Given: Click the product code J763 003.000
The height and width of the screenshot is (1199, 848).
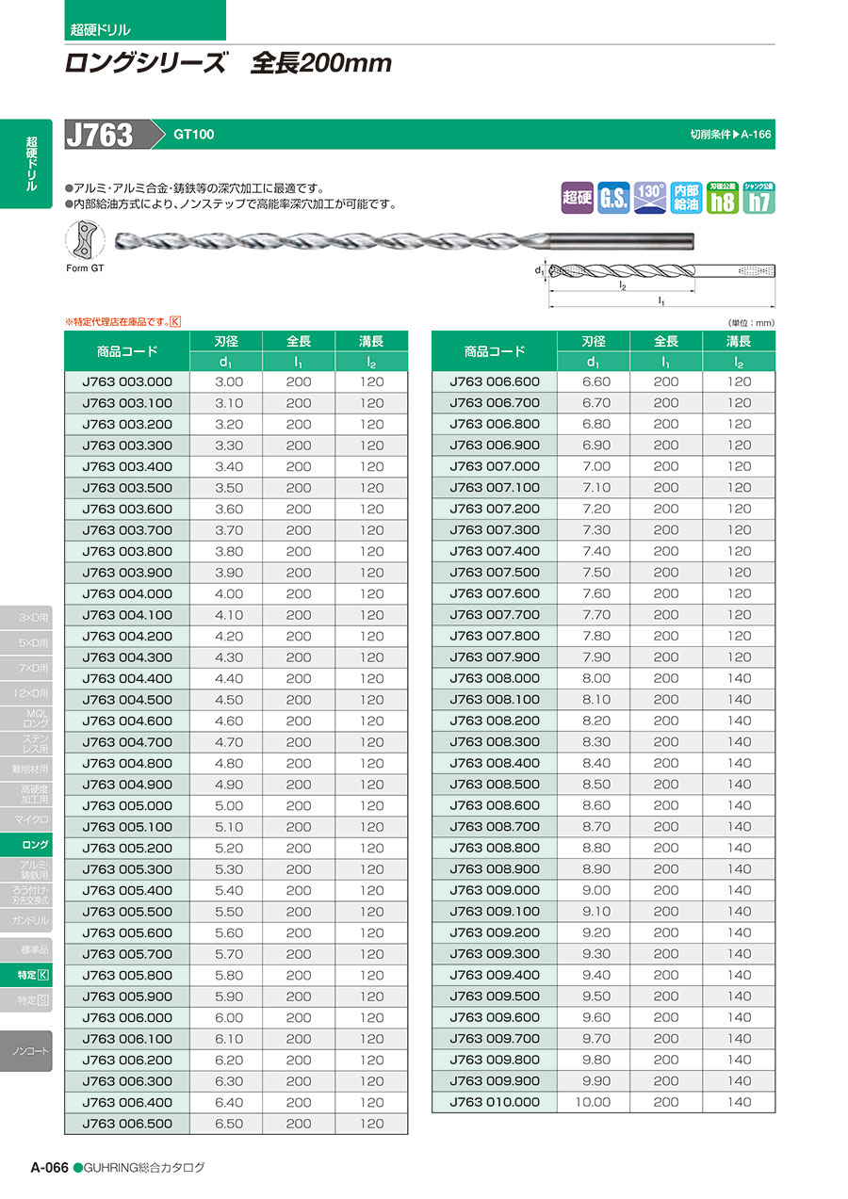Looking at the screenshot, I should [127, 382].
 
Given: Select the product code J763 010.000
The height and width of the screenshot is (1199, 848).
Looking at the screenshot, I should [495, 1102].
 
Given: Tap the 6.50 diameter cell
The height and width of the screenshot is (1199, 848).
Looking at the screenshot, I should [228, 1124].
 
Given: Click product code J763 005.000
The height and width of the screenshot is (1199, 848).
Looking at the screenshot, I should [127, 806].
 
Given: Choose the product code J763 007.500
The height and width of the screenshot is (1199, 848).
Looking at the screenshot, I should [495, 573].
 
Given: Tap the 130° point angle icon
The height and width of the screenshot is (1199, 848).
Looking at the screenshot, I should [650, 197].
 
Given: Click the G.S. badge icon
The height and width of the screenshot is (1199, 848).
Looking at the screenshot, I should [613, 197].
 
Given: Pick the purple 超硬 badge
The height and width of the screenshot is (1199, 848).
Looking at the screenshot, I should [577, 197].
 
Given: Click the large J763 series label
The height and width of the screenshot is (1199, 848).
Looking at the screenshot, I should [100, 135].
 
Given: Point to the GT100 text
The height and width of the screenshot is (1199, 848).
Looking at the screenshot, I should [193, 135].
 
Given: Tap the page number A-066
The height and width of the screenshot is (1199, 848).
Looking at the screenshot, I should [49, 1167].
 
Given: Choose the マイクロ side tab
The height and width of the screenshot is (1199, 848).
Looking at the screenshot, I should [32, 819].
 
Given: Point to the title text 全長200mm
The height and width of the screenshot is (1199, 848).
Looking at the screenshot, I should [320, 64].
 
